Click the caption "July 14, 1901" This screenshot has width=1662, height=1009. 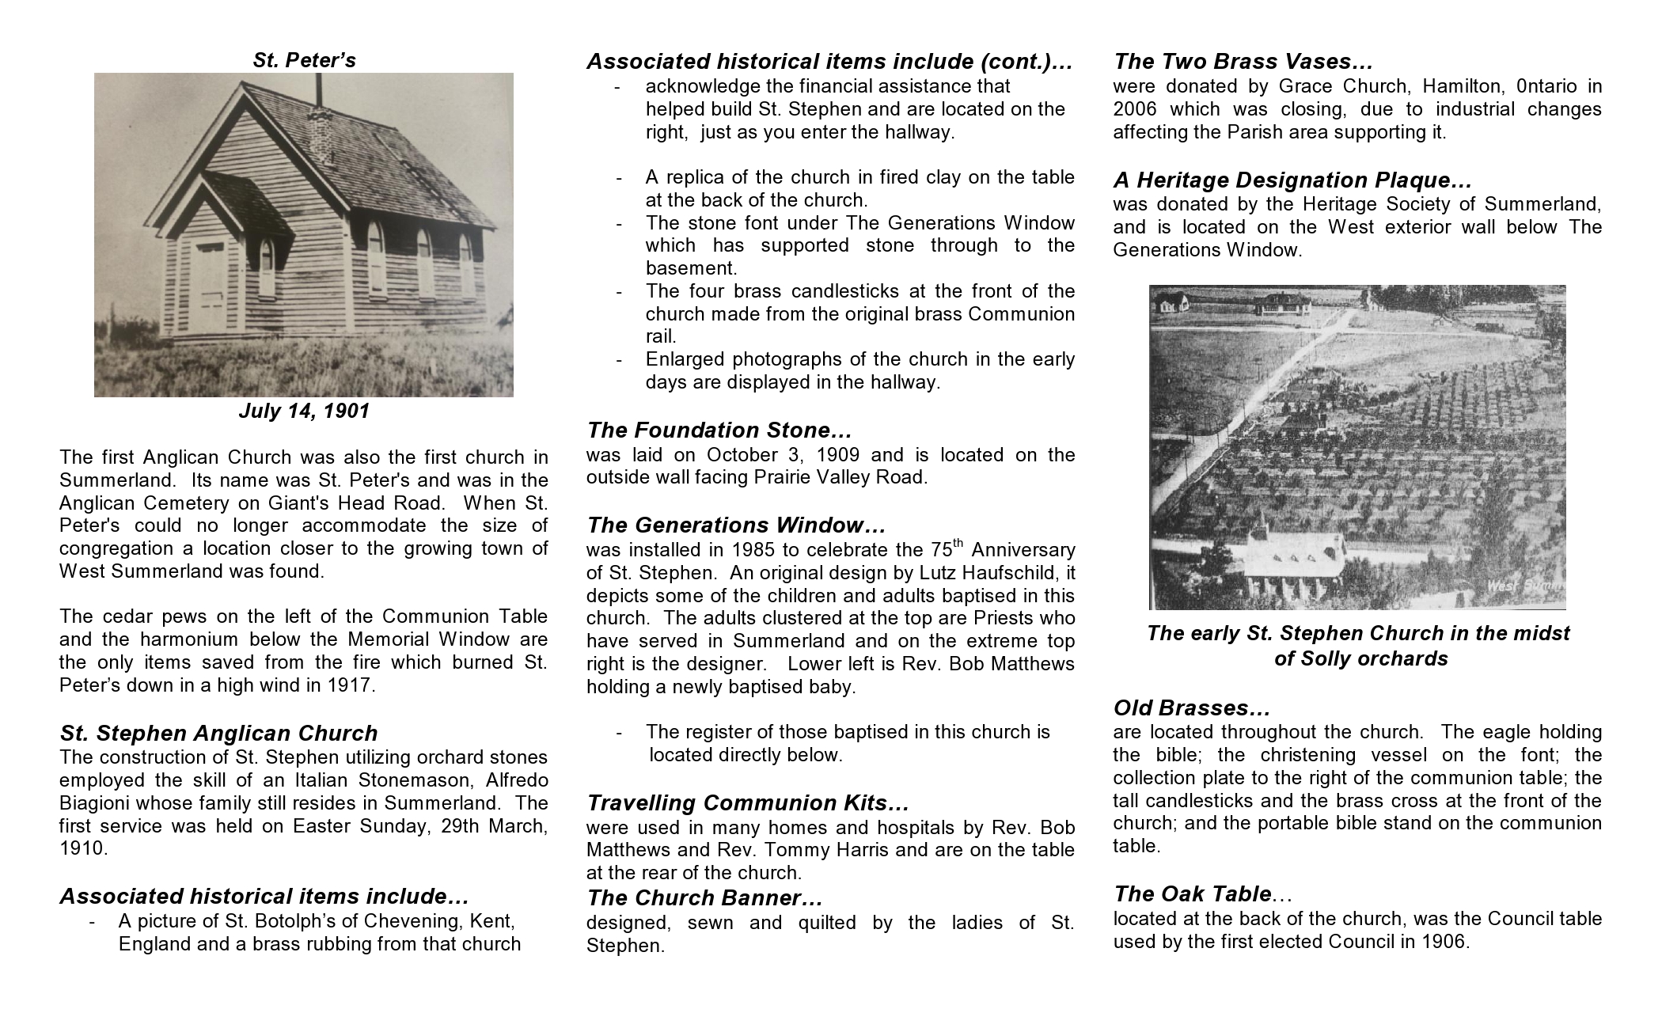pyautogui.click(x=304, y=412)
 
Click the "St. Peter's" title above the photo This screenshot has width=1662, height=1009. pyautogui.click(x=304, y=60)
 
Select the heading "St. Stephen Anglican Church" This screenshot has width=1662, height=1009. pyautogui.click(x=218, y=734)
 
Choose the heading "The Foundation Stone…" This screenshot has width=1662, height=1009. pyautogui.click(x=719, y=431)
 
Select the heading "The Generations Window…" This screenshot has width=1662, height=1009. pyautogui.click(x=736, y=525)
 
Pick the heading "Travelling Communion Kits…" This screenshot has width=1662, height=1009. pyautogui.click(x=748, y=803)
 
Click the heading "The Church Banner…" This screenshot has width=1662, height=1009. pyautogui.click(x=704, y=898)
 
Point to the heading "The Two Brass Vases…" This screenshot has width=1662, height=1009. pyautogui.click(x=1243, y=62)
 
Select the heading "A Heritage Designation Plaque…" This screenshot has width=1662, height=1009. pyautogui.click(x=1292, y=180)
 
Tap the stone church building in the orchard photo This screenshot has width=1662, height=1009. pyautogui.click(x=1294, y=562)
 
